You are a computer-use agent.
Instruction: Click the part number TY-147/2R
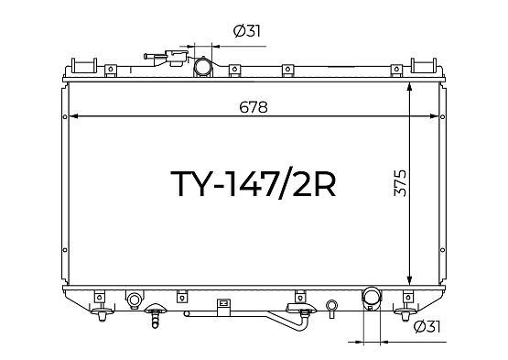[x=254, y=183]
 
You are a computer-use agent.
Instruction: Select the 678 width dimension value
[x=254, y=107]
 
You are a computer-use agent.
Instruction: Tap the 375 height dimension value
[x=400, y=183]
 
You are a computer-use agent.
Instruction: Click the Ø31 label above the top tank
[x=247, y=31]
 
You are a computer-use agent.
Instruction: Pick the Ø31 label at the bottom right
[x=427, y=327]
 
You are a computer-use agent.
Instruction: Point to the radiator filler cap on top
[x=177, y=58]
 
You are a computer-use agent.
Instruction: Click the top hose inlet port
[x=203, y=67]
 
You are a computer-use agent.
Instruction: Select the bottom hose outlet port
[x=372, y=297]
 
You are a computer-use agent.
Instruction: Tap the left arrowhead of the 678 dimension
[x=73, y=116]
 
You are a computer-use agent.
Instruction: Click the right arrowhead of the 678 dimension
[x=434, y=116]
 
